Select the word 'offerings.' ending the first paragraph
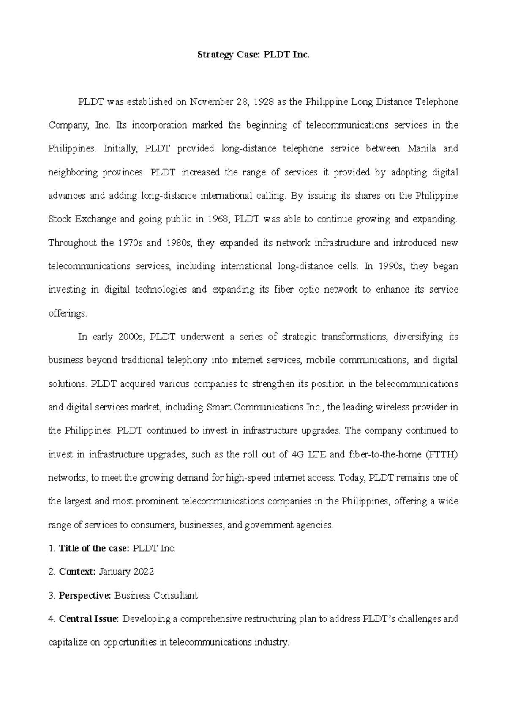(x=68, y=314)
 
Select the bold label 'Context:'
(x=77, y=572)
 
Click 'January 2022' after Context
(x=126, y=572)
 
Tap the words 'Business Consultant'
(x=156, y=596)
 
